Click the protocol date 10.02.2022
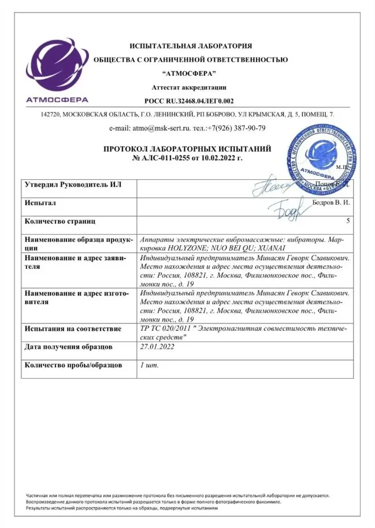(217, 157)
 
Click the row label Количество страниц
(60, 221)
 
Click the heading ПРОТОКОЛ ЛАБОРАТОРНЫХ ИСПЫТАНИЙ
(187, 149)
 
